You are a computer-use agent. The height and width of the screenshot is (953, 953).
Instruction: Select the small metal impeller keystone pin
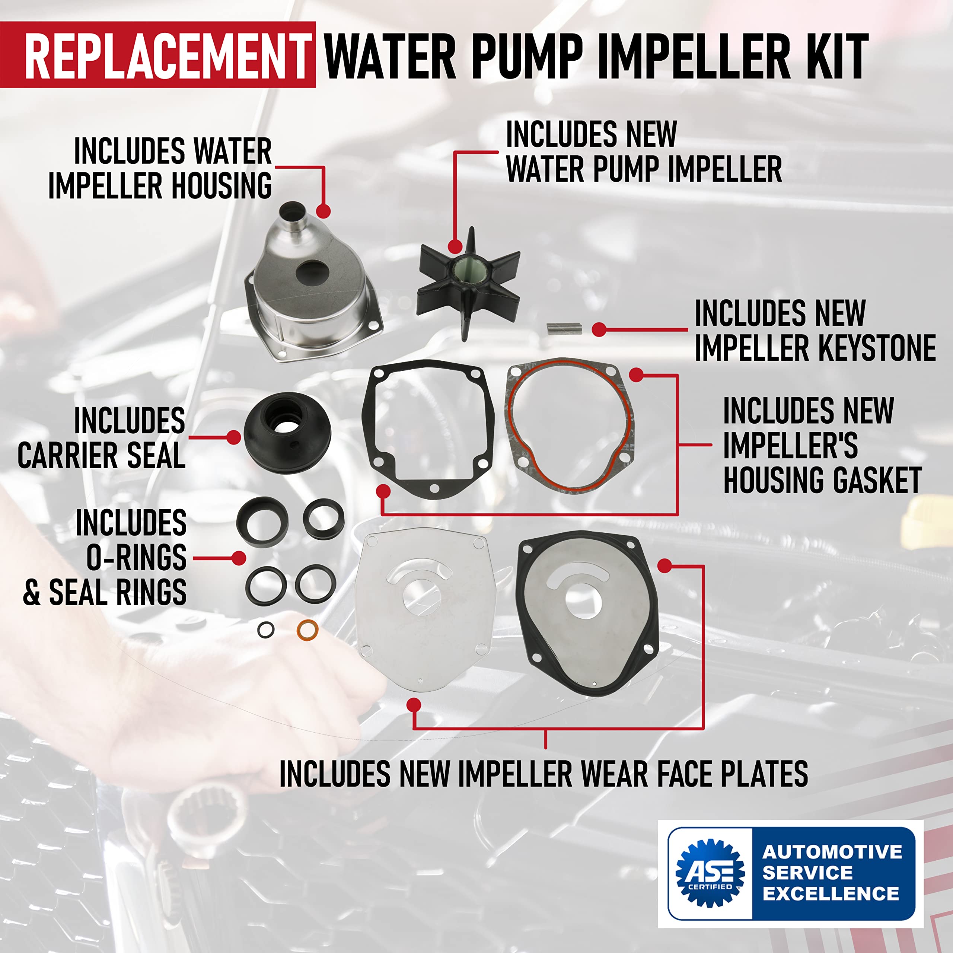pyautogui.click(x=564, y=328)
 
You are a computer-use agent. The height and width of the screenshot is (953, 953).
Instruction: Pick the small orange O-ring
pyautogui.click(x=307, y=630)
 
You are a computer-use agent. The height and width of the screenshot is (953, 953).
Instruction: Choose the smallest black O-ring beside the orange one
pyautogui.click(x=266, y=630)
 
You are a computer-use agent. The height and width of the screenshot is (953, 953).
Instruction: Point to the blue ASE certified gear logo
pyautogui.click(x=710, y=872)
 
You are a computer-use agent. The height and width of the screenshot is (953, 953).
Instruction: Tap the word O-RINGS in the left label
pyautogui.click(x=136, y=557)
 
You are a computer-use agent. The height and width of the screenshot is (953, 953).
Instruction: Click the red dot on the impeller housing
pyautogui.click(x=323, y=211)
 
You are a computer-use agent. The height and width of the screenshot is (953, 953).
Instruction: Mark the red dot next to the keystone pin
pyautogui.click(x=599, y=329)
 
